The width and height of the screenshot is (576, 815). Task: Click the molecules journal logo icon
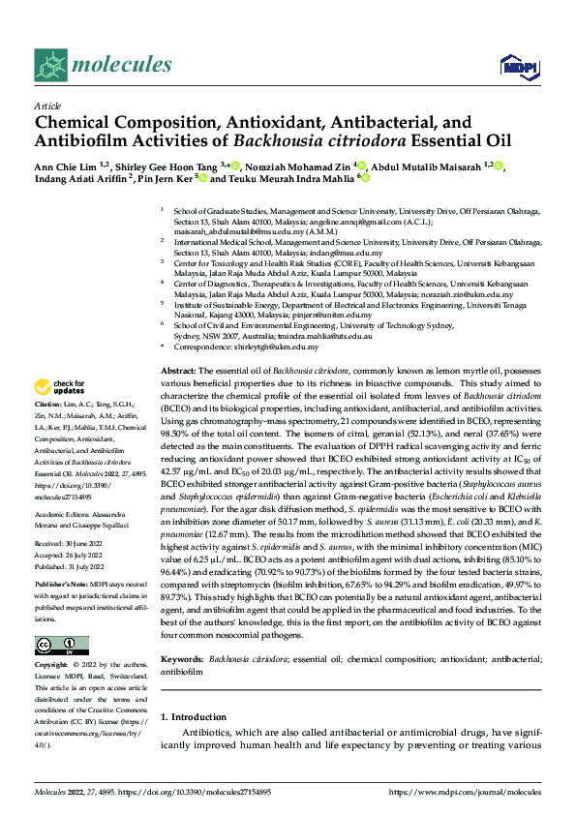51,65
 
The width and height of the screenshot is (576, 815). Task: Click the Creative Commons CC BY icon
62,646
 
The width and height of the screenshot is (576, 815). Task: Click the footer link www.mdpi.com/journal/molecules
465,792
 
